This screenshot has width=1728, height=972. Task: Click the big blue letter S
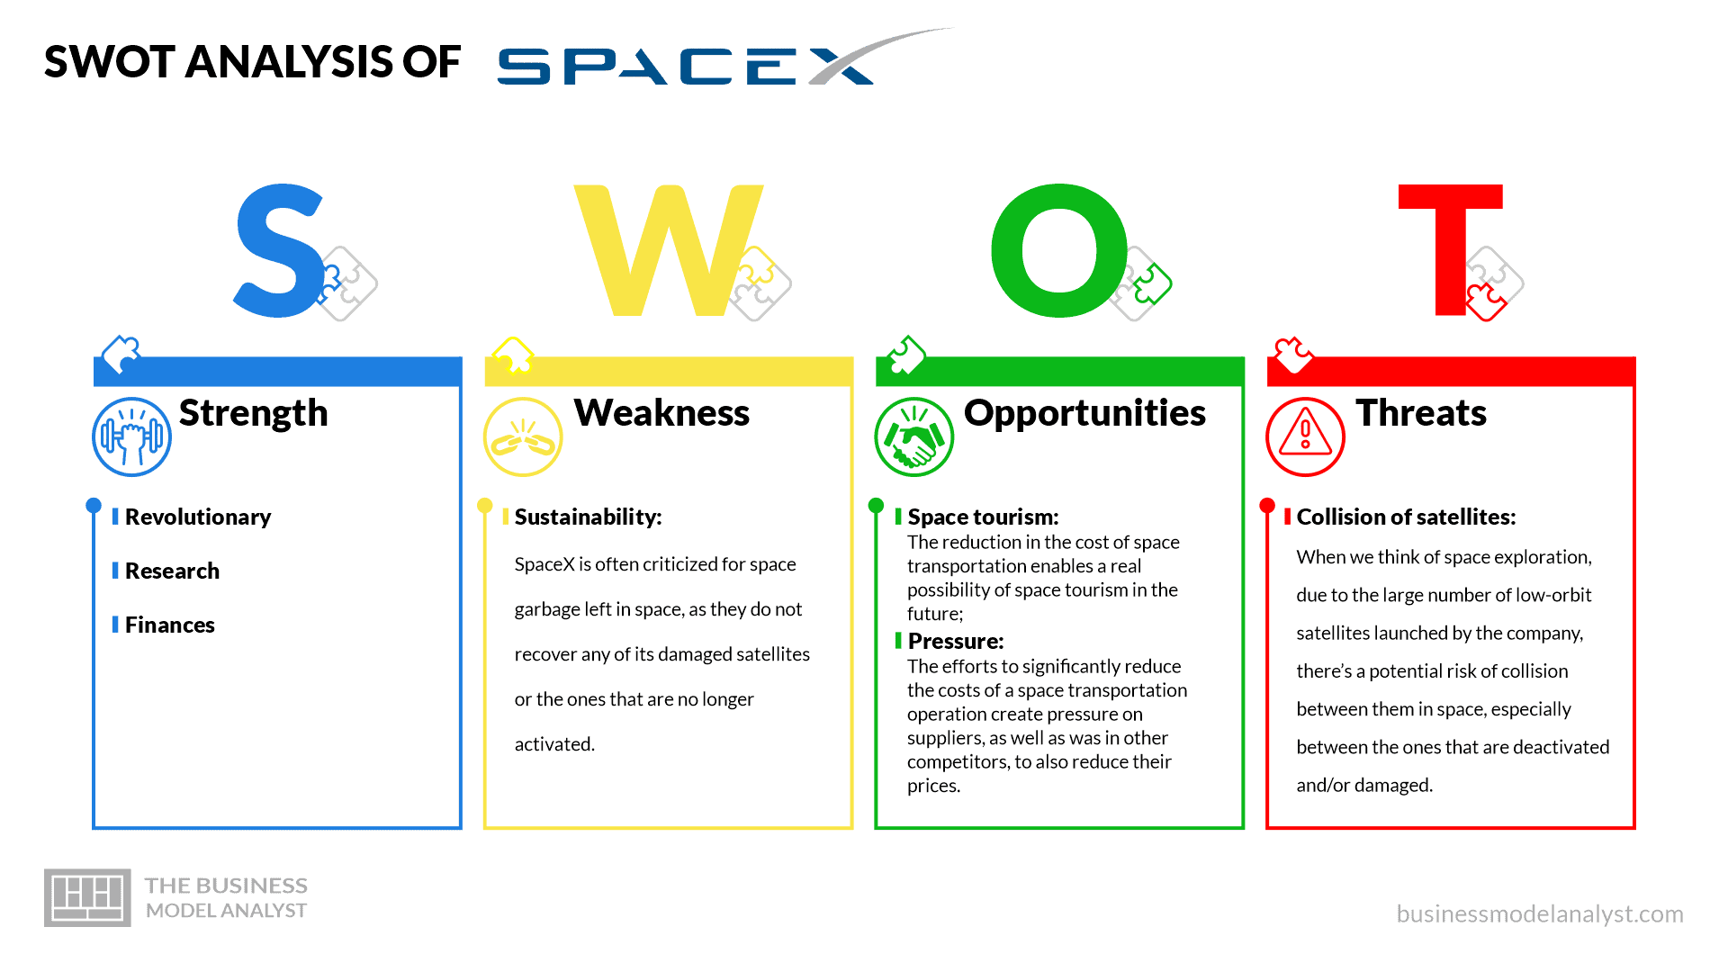click(278, 252)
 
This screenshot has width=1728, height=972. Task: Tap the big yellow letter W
click(668, 252)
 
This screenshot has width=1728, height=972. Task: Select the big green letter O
click(1059, 251)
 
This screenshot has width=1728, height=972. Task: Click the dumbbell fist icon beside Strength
click(132, 436)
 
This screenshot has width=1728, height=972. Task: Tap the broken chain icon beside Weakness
click(523, 436)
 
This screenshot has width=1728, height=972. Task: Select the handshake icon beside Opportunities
click(913, 436)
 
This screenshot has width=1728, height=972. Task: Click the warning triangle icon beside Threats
click(1305, 436)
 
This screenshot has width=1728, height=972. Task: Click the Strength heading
click(253, 413)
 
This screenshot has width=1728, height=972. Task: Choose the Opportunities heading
click(1084, 413)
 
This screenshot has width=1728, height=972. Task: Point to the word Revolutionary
click(198, 517)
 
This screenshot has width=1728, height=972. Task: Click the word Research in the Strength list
click(172, 571)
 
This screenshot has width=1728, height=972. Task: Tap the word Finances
click(169, 625)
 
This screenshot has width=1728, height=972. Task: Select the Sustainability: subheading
click(588, 517)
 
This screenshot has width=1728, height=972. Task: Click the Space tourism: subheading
click(983, 517)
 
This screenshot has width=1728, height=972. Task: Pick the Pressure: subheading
click(956, 641)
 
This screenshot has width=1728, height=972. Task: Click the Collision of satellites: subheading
click(1406, 517)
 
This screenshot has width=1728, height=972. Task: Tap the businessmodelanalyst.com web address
click(1539, 913)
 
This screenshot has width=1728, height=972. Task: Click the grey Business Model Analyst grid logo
click(87, 897)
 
